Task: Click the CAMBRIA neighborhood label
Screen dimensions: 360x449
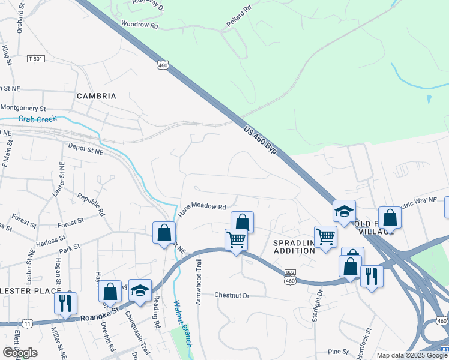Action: coord(96,96)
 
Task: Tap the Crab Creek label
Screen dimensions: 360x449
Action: coord(37,119)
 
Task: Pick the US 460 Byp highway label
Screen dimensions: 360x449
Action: coord(261,140)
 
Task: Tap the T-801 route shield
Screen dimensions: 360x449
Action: coord(36,59)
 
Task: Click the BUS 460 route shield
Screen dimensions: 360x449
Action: coord(290,277)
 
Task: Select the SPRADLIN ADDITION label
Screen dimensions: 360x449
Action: coord(294,247)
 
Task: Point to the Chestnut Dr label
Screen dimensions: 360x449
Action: coord(231,295)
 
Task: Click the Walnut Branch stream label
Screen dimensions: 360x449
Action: coord(182,323)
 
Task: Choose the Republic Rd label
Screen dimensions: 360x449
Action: coord(91,204)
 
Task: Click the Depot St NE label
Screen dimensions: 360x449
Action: coord(85,148)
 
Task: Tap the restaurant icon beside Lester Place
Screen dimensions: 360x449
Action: coord(65,302)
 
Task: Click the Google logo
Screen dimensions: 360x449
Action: coord(20,353)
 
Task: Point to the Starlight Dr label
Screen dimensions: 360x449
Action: coord(318,306)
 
